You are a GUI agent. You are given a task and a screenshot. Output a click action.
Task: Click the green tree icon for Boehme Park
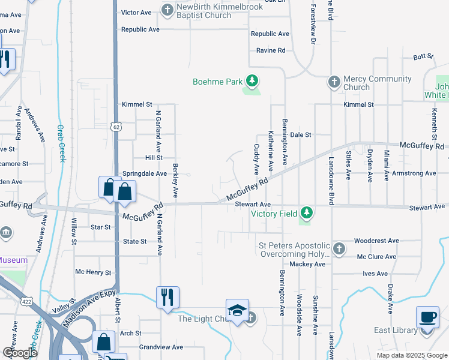[253, 80]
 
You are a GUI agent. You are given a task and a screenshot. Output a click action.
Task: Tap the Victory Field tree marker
[307, 212]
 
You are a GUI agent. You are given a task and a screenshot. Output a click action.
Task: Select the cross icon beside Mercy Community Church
[334, 81]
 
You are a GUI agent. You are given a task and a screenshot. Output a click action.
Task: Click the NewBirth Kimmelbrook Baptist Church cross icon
[167, 9]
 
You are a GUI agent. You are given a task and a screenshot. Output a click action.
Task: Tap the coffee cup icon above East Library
[427, 316]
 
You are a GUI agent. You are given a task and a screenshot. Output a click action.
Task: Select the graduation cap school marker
[238, 310]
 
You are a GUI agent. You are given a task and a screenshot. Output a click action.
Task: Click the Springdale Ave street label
[145, 173]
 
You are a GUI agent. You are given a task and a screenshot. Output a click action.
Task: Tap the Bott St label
[423, 56]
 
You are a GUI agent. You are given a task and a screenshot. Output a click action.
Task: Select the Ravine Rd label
[270, 50]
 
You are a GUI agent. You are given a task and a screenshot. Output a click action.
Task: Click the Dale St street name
[300, 135]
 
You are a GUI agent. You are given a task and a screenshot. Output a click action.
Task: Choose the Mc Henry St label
[93, 272]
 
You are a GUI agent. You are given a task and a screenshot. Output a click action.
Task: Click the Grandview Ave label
[161, 347]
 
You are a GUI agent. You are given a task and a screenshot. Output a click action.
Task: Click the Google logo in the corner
[20, 353]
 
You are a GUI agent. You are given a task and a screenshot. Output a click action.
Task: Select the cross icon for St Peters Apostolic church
[339, 248]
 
